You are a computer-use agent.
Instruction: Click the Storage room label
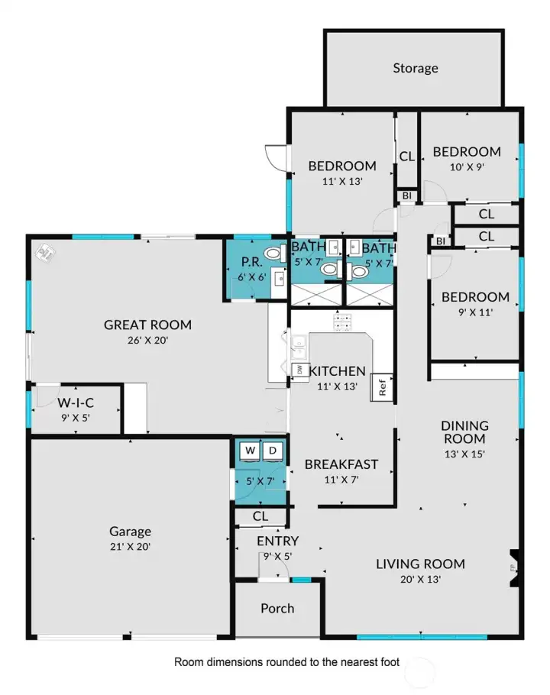(x=416, y=68)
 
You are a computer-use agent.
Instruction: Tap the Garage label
(x=130, y=532)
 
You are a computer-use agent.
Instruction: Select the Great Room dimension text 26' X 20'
(x=147, y=341)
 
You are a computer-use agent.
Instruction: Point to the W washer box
(x=250, y=451)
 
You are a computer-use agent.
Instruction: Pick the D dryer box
(x=273, y=451)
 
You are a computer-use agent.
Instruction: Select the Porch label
(x=277, y=608)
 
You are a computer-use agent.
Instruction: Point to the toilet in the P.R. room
(x=272, y=254)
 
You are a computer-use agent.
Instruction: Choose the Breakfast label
(x=341, y=464)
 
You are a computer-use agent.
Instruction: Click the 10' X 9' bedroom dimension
(x=467, y=166)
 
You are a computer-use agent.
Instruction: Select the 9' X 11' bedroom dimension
(x=474, y=311)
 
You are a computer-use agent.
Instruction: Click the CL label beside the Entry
(x=260, y=516)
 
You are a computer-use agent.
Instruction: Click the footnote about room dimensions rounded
(x=286, y=661)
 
